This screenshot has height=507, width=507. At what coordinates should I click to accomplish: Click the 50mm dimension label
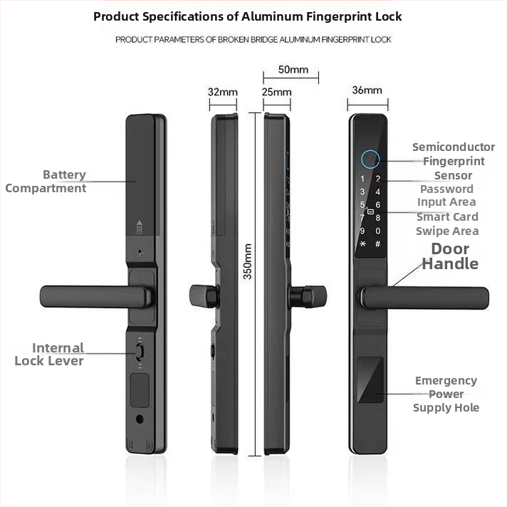coord(293,70)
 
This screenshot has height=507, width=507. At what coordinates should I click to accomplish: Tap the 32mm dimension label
coord(223,92)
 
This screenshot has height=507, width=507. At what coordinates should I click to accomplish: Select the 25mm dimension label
coord(277,92)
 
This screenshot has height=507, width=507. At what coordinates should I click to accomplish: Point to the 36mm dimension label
coord(367,90)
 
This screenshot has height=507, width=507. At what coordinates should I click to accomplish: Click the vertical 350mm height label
coord(247,261)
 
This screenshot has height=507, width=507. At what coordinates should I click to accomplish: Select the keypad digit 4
coord(377,192)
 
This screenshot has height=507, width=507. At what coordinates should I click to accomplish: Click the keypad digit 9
coord(362,231)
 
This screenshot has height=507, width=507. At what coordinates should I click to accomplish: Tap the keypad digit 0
coord(377,231)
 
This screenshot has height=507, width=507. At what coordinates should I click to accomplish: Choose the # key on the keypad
coord(377,244)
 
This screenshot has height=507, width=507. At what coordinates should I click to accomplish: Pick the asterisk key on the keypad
coord(362,244)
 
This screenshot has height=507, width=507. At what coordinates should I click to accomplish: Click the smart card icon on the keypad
coord(370,211)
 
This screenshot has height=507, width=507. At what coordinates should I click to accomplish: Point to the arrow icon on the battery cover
coord(140,226)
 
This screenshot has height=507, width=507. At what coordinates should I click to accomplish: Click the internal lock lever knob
coord(140,352)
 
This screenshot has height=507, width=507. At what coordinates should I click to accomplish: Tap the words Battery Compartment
coord(46,182)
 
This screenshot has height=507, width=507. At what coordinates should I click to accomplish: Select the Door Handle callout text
coord(450,256)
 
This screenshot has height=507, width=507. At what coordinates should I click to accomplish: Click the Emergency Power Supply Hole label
coord(446,394)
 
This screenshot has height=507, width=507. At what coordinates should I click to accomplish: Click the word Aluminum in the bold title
coord(272,16)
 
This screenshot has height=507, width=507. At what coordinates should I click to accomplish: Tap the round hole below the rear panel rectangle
coord(140,419)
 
